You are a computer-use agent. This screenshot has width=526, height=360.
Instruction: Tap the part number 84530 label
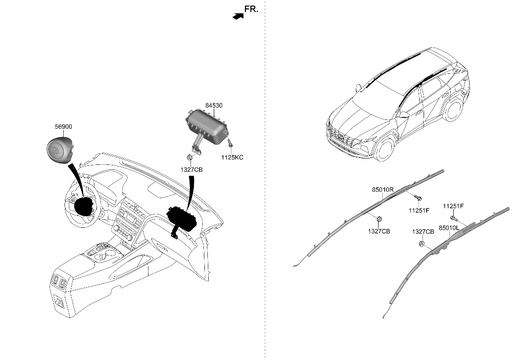click(x=214, y=105)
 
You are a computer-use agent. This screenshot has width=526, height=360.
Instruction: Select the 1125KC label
click(x=233, y=157)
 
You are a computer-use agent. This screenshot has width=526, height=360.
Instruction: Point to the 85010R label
click(x=383, y=190)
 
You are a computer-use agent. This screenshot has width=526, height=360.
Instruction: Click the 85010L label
click(x=449, y=227)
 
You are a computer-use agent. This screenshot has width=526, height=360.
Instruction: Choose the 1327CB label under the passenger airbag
click(x=191, y=169)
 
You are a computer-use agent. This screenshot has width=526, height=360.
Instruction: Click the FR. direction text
click(x=251, y=9)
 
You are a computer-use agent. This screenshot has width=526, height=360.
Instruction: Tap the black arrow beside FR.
click(x=238, y=16)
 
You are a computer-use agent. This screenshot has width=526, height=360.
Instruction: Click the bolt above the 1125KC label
click(x=230, y=144)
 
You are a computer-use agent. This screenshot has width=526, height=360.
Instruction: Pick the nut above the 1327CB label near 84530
click(x=190, y=158)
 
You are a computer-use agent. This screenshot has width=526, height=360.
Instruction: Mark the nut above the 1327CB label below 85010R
click(x=379, y=219)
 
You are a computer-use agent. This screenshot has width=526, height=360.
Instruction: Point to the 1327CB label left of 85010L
click(x=423, y=231)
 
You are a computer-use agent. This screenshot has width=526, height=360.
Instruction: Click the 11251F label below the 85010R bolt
click(x=419, y=210)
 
